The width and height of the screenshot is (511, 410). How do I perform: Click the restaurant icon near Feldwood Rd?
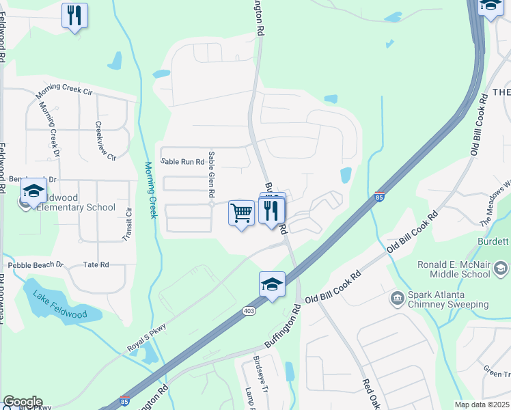[x=74, y=15]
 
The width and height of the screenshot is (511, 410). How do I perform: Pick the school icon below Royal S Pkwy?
[x=271, y=284]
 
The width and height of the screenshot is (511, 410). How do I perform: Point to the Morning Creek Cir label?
[x=64, y=90]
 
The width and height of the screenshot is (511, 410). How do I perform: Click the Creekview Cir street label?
[x=105, y=141]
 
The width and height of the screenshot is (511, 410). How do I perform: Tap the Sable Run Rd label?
[x=182, y=162]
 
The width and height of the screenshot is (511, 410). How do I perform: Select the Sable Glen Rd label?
[x=212, y=176]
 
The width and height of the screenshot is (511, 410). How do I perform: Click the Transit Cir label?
[x=128, y=223]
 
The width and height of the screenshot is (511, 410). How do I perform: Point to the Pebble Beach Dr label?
[x=36, y=264]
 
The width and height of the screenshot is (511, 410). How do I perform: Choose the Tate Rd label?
[x=96, y=264]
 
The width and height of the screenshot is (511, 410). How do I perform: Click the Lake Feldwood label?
[x=55, y=304]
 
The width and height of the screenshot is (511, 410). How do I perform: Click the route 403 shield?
[x=248, y=311]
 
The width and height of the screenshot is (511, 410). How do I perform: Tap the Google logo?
[x=23, y=401]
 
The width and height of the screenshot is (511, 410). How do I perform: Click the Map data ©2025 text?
[x=482, y=405]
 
